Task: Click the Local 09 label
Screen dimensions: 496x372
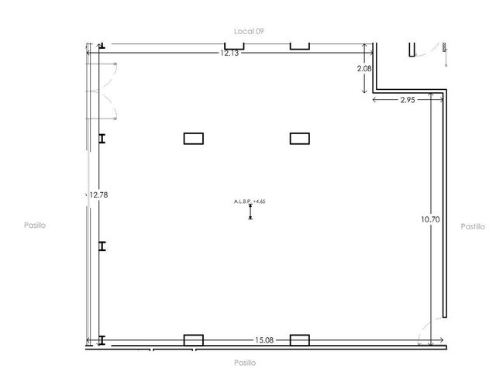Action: coord(249,31)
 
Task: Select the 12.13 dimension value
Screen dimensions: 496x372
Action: coord(229,53)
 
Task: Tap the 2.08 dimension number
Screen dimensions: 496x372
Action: coord(364,68)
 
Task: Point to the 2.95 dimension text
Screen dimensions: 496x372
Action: coord(408,100)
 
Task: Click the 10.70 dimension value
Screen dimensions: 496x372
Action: coord(430,219)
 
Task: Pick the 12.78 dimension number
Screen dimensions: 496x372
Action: coord(98,195)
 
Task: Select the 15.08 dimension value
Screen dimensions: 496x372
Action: coord(264,340)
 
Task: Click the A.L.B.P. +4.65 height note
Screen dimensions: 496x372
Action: coord(250,201)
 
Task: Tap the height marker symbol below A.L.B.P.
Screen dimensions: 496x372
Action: coord(250,212)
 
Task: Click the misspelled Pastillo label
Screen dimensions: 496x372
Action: coord(473,226)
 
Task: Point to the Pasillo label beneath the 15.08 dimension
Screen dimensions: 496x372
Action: coord(245,363)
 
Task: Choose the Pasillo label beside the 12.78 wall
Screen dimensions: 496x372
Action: coord(35,226)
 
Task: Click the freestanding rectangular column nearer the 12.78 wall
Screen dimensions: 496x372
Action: coord(194,139)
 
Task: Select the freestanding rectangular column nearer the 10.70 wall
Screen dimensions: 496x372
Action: coord(300,139)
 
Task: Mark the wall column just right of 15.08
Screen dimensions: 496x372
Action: coord(300,340)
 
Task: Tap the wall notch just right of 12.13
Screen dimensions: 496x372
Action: coord(300,46)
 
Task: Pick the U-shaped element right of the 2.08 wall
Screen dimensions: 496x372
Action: coord(412,50)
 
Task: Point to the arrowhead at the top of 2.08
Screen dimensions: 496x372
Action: coord(364,45)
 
